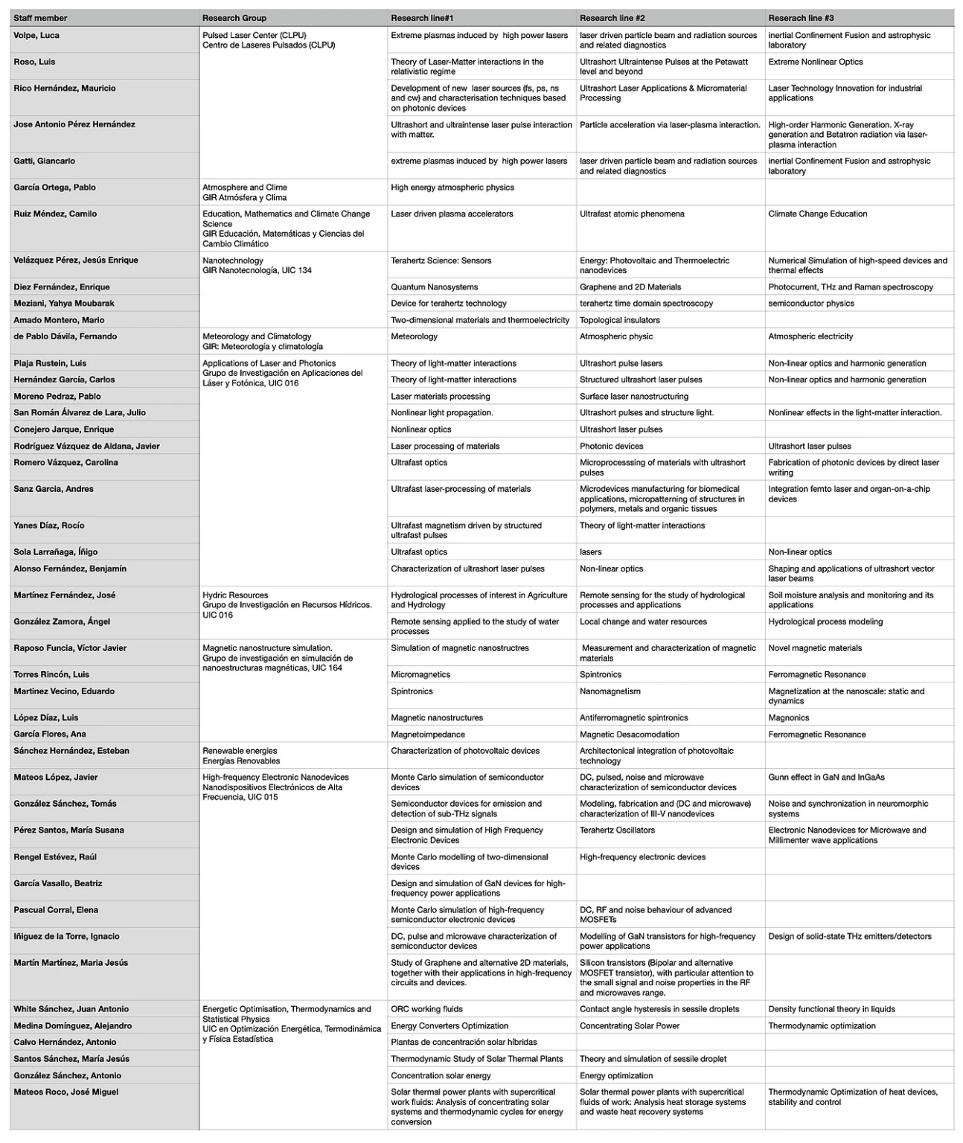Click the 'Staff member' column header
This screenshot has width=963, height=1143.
pyautogui.click(x=40, y=18)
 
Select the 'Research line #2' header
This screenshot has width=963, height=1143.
pyautogui.click(x=612, y=18)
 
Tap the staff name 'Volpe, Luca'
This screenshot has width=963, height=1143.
pyautogui.click(x=36, y=36)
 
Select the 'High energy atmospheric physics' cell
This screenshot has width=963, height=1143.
pyautogui.click(x=452, y=188)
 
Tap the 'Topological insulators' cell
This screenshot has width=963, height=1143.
pyautogui.click(x=619, y=321)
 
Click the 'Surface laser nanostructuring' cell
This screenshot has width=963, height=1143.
pyautogui.click(x=634, y=397)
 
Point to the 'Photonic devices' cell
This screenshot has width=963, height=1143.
pyautogui.click(x=611, y=446)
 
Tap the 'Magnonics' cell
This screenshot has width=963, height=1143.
pyautogui.click(x=789, y=718)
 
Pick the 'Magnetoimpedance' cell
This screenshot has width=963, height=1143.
pyautogui.click(x=428, y=734)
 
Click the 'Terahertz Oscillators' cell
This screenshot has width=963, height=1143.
pyautogui.click(x=617, y=830)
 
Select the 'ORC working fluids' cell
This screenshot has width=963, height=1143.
pyautogui.click(x=426, y=1010)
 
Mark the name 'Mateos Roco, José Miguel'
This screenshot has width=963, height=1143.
pyautogui.click(x=66, y=1092)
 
